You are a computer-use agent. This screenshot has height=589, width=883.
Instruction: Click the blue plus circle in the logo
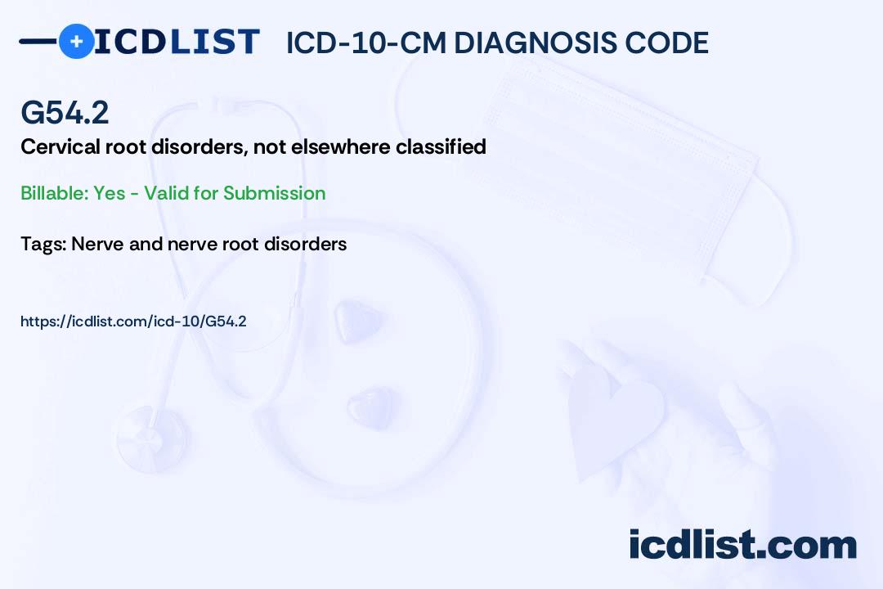[x=76, y=41]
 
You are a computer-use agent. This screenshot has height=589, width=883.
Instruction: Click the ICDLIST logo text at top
[x=177, y=41]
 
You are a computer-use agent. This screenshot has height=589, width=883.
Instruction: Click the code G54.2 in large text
[x=65, y=113]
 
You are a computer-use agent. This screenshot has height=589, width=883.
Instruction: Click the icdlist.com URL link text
[x=133, y=321]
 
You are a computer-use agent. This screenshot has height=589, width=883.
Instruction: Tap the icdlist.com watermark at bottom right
[x=742, y=544]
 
